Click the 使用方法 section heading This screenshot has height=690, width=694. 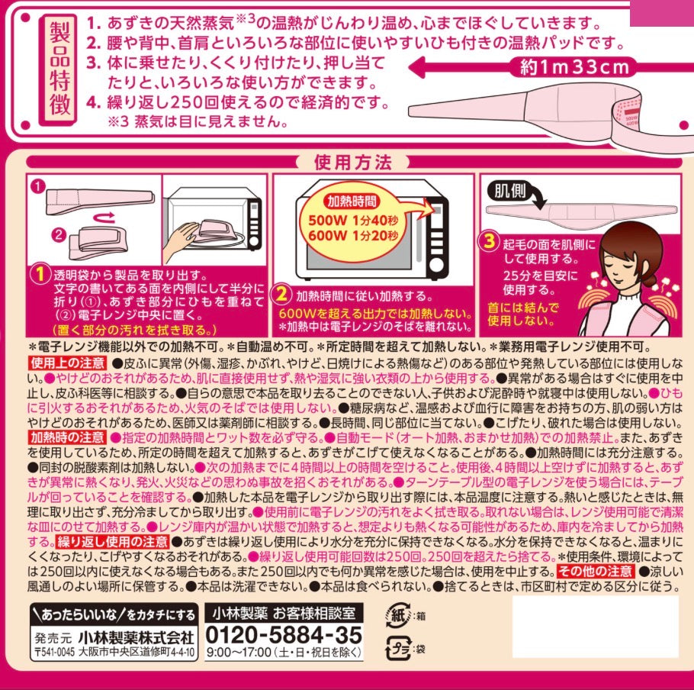click(352, 162)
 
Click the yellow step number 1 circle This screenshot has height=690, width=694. click(40, 273)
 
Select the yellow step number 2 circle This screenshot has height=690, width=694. click(282, 294)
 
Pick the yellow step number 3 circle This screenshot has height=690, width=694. click(490, 243)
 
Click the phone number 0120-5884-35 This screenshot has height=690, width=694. click(284, 635)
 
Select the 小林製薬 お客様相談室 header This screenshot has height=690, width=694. click(284, 614)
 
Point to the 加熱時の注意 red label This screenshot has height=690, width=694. click(67, 437)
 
